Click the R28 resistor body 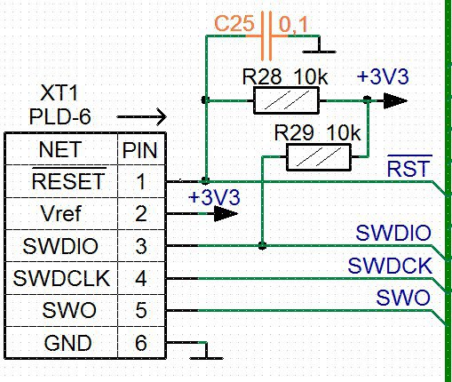pos(286,100)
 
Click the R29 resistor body pos(319,157)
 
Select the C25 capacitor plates pos(266,36)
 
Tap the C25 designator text pos(234,24)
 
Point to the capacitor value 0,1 pos(293,24)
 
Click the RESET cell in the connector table pos(68,181)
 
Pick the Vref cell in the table pos(61,213)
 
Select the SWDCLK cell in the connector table pos(61,278)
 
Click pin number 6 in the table pos(141,343)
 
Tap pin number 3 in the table pos(141,246)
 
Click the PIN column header pos(139,150)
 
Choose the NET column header pos(59,149)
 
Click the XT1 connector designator pos(59,92)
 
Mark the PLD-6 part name pos(59,116)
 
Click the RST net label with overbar pos(409,166)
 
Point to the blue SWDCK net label pos(390,266)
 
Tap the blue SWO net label pos(403,298)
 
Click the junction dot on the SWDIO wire pos(262,246)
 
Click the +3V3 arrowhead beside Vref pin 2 pos(226,213)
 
